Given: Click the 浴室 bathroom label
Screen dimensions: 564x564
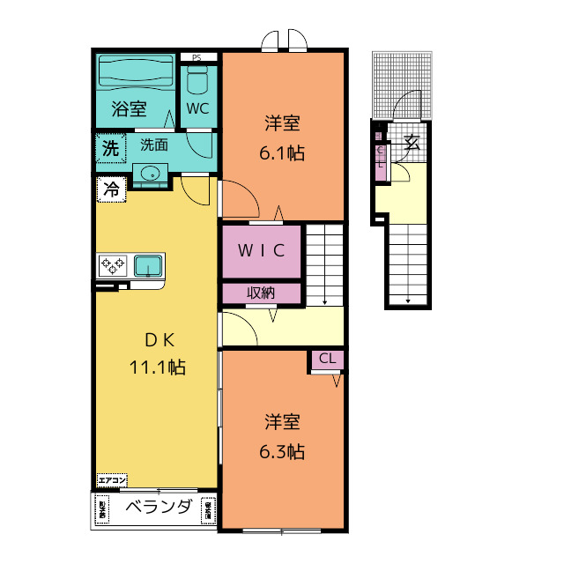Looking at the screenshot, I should pos(129,110).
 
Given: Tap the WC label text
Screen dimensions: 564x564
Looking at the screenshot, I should pos(197,110).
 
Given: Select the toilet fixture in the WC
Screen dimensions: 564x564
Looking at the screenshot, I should pos(197,81).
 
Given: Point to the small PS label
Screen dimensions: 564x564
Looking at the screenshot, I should pos(197,58).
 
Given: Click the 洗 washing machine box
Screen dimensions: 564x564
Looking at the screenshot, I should pos(109,148).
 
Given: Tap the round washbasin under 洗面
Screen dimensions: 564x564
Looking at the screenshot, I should pos(151,173).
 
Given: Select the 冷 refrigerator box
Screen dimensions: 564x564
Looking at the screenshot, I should pos(111,189).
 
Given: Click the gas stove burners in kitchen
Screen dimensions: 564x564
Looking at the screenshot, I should pos(114,264).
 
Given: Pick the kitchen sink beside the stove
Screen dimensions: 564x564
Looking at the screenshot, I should pos(147,264).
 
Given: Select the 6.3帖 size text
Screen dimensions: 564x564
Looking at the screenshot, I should pos(281,452).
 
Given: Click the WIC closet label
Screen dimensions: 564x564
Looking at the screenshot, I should pos(261,250).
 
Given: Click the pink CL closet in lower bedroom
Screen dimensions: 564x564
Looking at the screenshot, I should pos(327,359).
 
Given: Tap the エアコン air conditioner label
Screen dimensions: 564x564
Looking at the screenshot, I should pos(112,480).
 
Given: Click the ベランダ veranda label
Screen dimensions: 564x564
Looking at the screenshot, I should pos(159,507).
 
